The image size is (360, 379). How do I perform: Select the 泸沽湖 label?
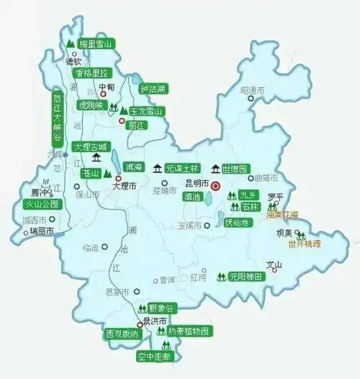click(x=153, y=89)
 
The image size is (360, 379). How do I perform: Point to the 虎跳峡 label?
click(x=97, y=104)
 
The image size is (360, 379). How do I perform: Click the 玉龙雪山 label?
click(x=147, y=111)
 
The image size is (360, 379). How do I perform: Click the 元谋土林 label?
click(x=181, y=169)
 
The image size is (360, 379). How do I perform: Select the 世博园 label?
click(x=235, y=169)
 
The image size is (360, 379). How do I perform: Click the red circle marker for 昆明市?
click(x=215, y=186)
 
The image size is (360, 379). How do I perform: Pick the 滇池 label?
click(x=192, y=196)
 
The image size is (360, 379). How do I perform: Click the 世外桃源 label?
click(x=305, y=244)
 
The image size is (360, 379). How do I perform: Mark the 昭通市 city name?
click(x=252, y=90)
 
